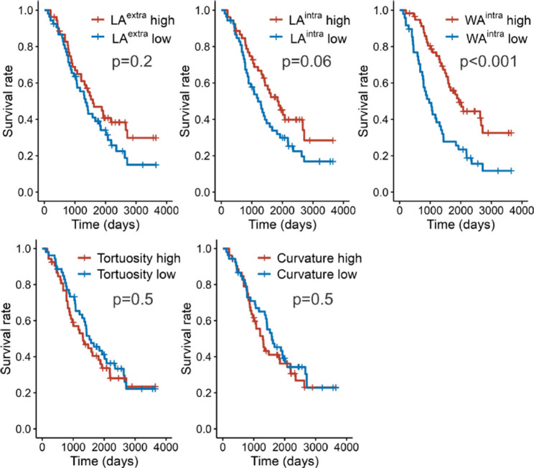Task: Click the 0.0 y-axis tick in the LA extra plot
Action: [27, 192]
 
